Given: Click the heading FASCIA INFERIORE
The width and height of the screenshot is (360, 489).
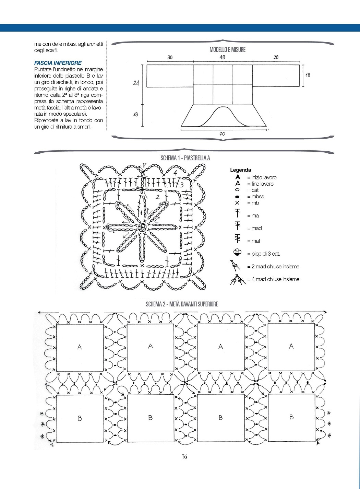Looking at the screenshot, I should pos(58,63).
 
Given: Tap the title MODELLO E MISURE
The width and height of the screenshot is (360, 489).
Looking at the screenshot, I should pos(227,50).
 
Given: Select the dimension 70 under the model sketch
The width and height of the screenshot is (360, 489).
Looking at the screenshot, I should pos(223,134).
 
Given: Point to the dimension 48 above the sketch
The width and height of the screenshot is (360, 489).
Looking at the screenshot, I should pos(222,57).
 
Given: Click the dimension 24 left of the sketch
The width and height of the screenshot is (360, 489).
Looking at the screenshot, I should pos(136,83).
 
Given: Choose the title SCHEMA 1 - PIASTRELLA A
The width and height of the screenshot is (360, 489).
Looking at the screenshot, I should pos(185,158).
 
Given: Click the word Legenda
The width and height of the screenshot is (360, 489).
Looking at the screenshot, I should pos(240,170).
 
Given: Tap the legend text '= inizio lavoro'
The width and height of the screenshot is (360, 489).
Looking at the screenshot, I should pos(262,177).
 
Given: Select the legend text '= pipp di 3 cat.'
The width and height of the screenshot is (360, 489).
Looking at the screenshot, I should pos(263,254).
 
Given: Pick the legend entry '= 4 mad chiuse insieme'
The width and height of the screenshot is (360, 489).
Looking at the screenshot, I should pos(273,279).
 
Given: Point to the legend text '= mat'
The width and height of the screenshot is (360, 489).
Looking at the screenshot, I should pos(253,241).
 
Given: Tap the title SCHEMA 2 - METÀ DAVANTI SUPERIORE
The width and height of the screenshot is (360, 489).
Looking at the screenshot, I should pos(182,304).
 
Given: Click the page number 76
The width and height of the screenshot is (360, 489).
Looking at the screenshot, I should pos(184,457).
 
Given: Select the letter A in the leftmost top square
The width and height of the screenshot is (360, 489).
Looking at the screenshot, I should pos(80,347).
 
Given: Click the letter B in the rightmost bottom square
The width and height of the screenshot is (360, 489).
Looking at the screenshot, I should pos(291,417).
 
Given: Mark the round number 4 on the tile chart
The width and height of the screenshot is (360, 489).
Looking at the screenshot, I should pos(175,173).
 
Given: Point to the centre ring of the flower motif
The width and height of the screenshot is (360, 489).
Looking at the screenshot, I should pos(141,227).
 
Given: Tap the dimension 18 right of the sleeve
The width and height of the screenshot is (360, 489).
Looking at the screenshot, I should pos(308,75).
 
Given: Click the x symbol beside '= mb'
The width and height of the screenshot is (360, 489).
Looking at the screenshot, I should pos(237,203).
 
